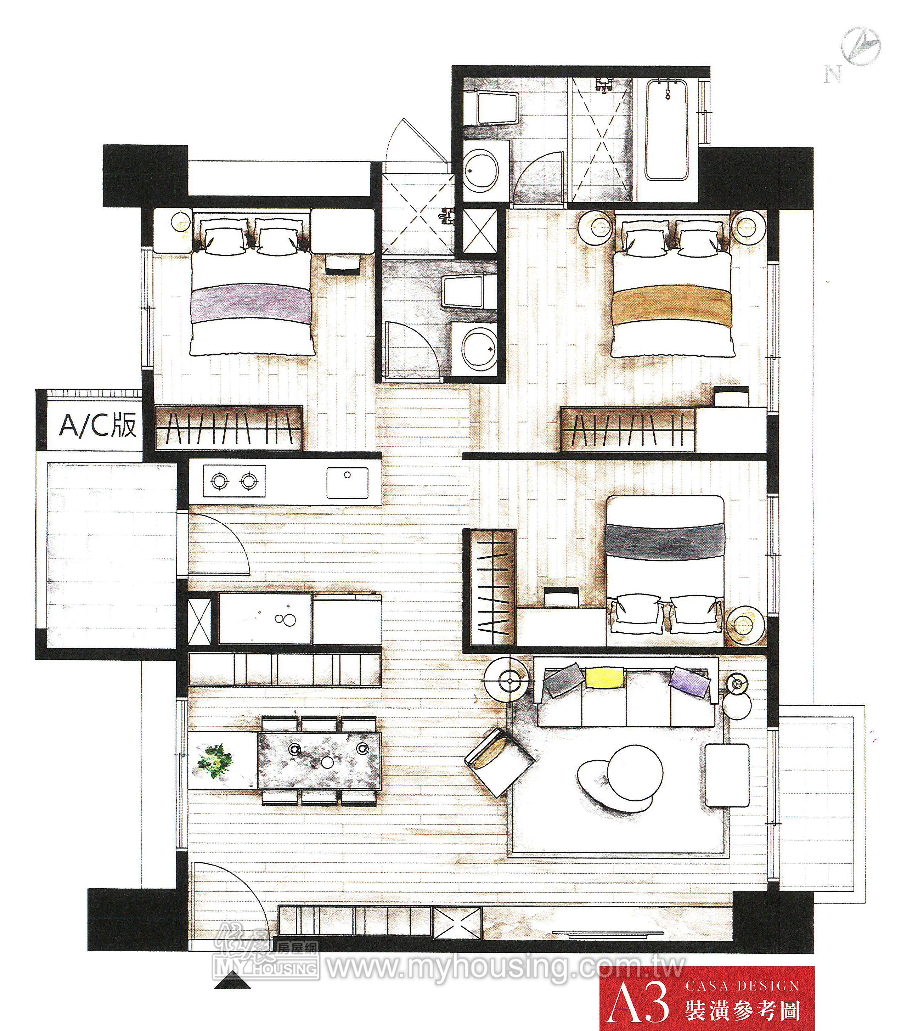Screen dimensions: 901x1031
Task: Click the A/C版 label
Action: coord(98,426)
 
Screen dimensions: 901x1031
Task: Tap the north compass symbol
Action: coord(861,46)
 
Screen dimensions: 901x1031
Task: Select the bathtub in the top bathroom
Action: coord(667,129)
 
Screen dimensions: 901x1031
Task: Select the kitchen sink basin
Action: coord(347,483)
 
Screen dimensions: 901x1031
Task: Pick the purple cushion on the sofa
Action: coord(689,681)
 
